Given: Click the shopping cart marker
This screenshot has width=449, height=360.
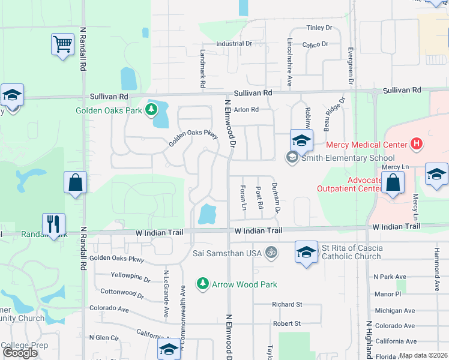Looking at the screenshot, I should tap(62, 43).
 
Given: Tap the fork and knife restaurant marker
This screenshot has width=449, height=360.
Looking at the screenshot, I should tap(53, 224).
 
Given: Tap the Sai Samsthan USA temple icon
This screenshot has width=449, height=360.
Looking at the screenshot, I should tap(272, 253).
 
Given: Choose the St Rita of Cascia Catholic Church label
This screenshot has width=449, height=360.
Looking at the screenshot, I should tap(351, 252).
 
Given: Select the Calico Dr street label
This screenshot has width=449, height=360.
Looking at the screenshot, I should tap(315, 44).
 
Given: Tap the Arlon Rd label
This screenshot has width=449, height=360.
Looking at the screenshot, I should tap(246, 110).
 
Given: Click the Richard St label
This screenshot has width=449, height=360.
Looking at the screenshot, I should tap(287, 305).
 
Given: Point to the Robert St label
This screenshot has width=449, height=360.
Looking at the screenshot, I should tap(287, 323).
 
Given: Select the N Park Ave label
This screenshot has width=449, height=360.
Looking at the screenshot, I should tap(390, 277).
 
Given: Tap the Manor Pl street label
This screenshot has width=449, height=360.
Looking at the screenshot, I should tap(387, 294).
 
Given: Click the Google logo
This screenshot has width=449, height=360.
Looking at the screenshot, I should tap(20, 353).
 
